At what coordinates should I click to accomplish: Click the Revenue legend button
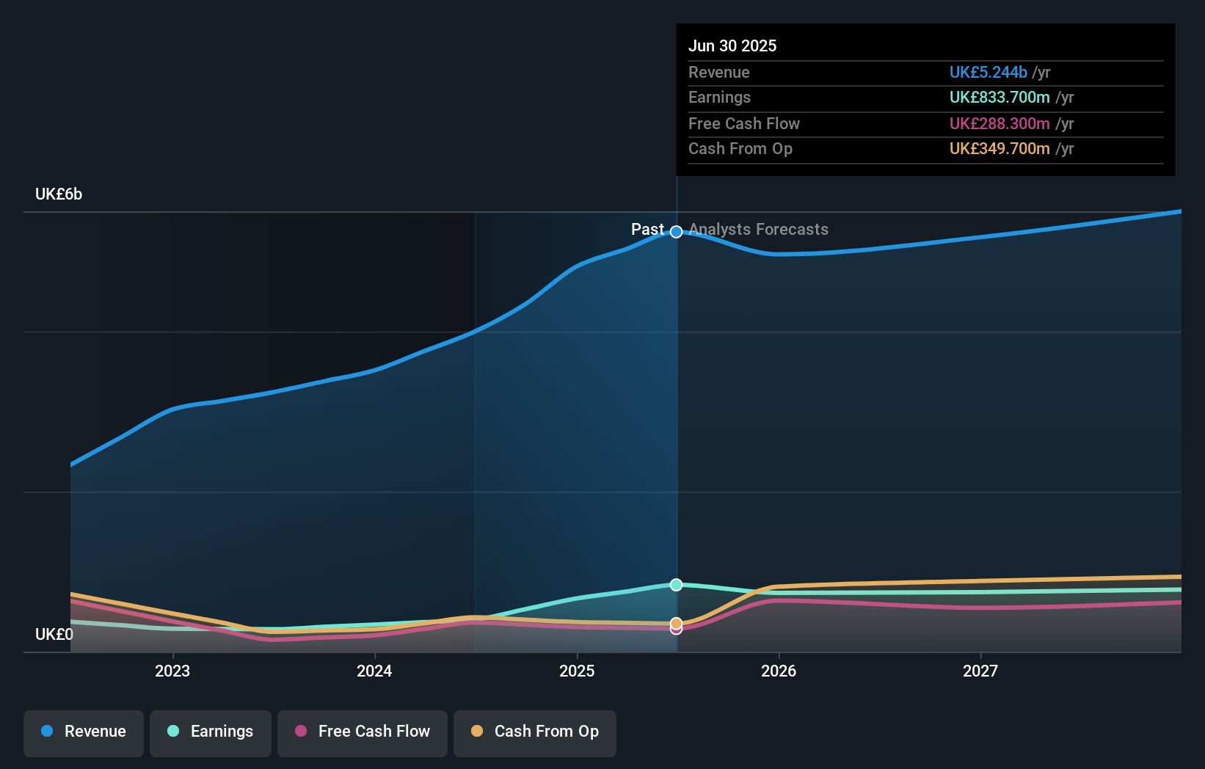[84, 732]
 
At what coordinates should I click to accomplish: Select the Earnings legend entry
[211, 732]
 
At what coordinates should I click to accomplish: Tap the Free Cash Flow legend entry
[363, 732]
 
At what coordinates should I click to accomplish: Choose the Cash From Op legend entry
[535, 732]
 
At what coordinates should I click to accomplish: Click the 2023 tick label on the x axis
[172, 671]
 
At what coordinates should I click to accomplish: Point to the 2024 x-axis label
[374, 671]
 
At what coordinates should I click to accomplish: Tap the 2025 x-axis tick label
[577, 671]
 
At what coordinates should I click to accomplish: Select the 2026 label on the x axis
[779, 671]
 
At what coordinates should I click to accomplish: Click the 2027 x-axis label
[980, 671]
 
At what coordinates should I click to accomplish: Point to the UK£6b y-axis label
[59, 194]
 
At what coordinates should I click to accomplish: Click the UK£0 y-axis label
[54, 634]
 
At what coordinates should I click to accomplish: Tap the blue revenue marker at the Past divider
[676, 232]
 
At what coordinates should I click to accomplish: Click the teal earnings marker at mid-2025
[676, 585]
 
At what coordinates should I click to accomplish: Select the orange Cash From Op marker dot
[676, 623]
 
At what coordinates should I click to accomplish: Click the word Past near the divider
[647, 230]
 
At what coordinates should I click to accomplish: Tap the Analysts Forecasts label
[758, 230]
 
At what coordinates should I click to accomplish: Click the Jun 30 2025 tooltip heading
[732, 45]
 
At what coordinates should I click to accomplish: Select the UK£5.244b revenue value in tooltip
[988, 72]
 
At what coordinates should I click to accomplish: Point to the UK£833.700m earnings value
[1000, 97]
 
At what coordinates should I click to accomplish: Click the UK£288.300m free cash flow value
[1000, 123]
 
